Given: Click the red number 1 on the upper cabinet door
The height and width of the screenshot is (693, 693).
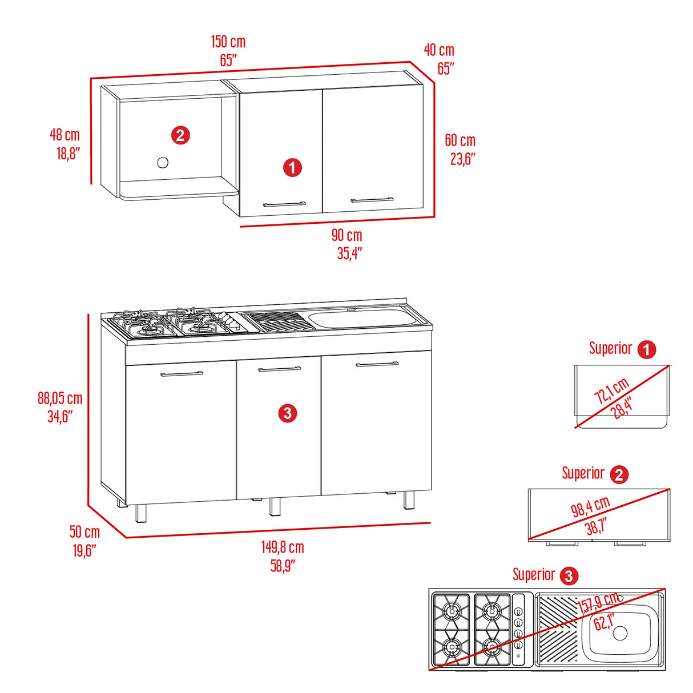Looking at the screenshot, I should [x=292, y=168].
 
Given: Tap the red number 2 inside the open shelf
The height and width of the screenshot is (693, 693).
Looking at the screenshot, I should [x=180, y=135].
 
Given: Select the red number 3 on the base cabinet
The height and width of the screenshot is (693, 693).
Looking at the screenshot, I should [x=287, y=413].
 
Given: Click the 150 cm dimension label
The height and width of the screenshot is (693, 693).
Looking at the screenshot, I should [x=228, y=42].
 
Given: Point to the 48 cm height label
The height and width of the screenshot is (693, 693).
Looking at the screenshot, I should [x=65, y=135].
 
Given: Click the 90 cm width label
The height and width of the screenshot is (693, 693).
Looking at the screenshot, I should [x=346, y=235].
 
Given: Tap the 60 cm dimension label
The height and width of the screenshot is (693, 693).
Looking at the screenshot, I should [x=460, y=140].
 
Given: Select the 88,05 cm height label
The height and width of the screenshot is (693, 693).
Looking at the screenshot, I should [x=60, y=398].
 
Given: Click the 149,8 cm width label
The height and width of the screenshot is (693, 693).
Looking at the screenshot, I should [x=283, y=547].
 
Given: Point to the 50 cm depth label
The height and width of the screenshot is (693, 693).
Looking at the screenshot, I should [x=84, y=532].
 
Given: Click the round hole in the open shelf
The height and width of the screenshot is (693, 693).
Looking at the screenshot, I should [x=163, y=163].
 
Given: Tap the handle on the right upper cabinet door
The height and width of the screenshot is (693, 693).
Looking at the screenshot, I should [x=372, y=200].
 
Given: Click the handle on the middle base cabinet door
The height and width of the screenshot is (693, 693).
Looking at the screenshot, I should [x=279, y=369].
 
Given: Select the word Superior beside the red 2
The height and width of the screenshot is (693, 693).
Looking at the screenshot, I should [x=583, y=473].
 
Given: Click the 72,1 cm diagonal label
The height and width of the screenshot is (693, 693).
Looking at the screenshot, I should [x=611, y=390].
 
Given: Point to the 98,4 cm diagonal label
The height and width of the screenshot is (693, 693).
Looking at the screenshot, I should [x=590, y=506].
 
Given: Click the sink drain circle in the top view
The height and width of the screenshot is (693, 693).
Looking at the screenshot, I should [x=620, y=632].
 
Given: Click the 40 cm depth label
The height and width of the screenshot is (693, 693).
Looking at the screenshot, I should [x=439, y=50].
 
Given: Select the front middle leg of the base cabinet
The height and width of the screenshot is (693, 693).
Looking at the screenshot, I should [x=275, y=507].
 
